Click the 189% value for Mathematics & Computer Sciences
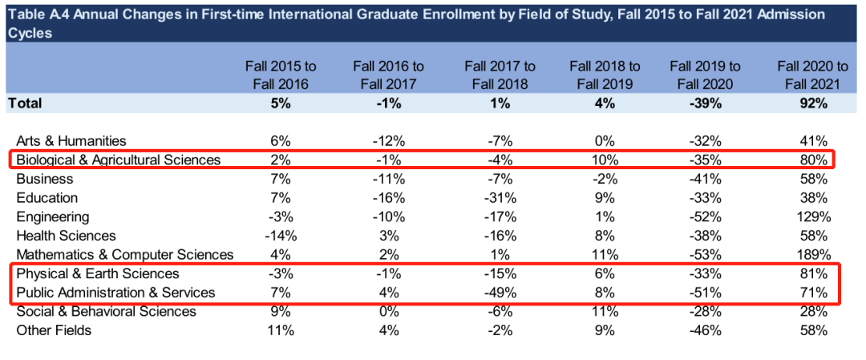point(813,255)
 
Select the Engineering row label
point(53,216)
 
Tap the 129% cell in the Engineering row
point(813,216)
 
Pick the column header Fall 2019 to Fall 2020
point(705,75)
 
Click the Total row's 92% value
point(813,103)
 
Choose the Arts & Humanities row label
point(71,140)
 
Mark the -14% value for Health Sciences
point(281,236)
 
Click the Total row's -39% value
point(705,103)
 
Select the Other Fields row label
point(54,330)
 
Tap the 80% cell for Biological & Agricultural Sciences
point(813,160)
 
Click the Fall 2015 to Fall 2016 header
point(281,75)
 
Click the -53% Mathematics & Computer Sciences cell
point(705,255)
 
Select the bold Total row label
point(25,103)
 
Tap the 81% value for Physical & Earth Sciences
point(813,274)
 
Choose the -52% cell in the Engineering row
point(705,216)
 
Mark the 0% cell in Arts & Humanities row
point(605,140)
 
